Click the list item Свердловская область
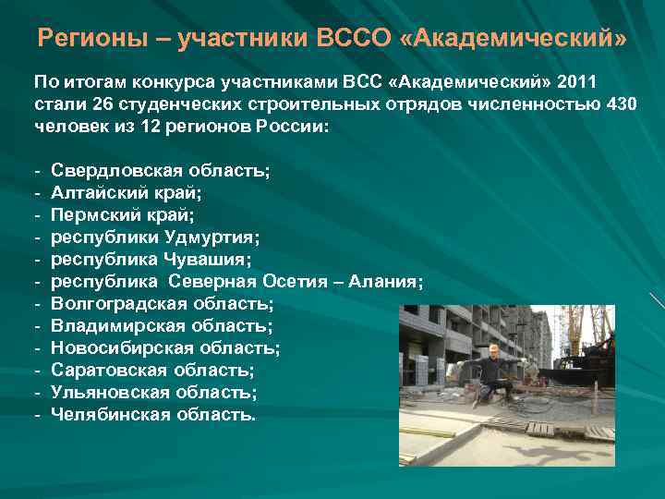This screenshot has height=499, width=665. coord(161,171)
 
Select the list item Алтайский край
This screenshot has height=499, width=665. coord(127,193)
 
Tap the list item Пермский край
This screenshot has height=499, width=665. coord(123,215)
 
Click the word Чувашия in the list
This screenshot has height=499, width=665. coord(209,260)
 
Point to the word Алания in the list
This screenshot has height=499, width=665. coord(385,282)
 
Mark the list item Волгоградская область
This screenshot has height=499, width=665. coord(163,304)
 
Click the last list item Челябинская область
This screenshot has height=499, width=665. coord(154,415)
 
